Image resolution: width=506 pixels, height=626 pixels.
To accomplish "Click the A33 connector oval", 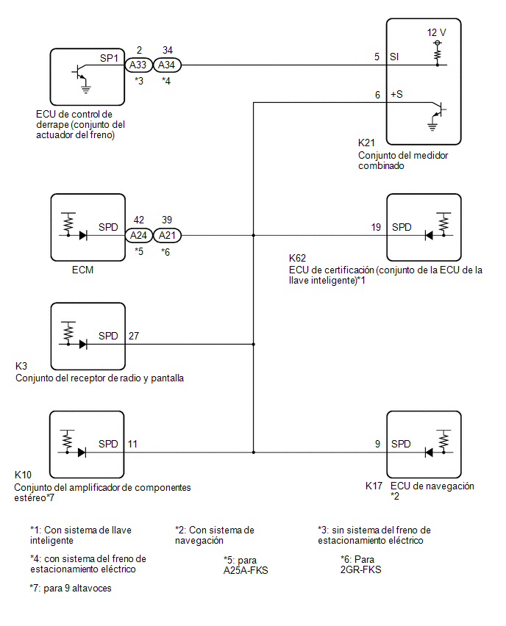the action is [138, 65].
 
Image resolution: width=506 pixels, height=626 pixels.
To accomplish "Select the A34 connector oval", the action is [167, 65].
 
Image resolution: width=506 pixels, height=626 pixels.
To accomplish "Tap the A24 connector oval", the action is [138, 235].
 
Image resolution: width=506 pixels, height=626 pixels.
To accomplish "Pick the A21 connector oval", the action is [167, 235].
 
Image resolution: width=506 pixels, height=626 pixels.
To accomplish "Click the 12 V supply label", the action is [436, 33].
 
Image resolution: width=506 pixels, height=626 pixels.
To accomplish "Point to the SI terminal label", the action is [394, 57].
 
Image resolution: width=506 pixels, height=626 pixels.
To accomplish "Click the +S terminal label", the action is [396, 95].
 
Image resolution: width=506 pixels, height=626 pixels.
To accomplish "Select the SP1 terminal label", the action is [109, 58].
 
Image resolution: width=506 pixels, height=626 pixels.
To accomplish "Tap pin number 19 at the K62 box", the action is [376, 227].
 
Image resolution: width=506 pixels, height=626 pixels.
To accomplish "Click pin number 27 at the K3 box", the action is [134, 336].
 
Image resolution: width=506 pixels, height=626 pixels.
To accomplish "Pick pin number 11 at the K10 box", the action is [132, 444].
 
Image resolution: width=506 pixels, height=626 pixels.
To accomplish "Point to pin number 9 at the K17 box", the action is [377, 444].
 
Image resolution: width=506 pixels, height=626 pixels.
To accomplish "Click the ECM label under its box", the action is [82, 270].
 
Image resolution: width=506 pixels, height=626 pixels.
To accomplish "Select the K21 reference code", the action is [366, 143].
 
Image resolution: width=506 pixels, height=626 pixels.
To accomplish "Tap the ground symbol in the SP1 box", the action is [85, 88].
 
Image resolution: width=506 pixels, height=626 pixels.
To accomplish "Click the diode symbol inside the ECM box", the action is [83, 235].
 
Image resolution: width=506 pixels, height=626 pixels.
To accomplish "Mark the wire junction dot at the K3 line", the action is [254, 344].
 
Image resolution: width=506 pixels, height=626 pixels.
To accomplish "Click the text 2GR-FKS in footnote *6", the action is [361, 569].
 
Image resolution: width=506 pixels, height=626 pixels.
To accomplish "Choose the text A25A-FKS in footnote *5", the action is [246, 570].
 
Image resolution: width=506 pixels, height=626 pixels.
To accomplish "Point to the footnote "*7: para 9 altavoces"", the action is [71, 588].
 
